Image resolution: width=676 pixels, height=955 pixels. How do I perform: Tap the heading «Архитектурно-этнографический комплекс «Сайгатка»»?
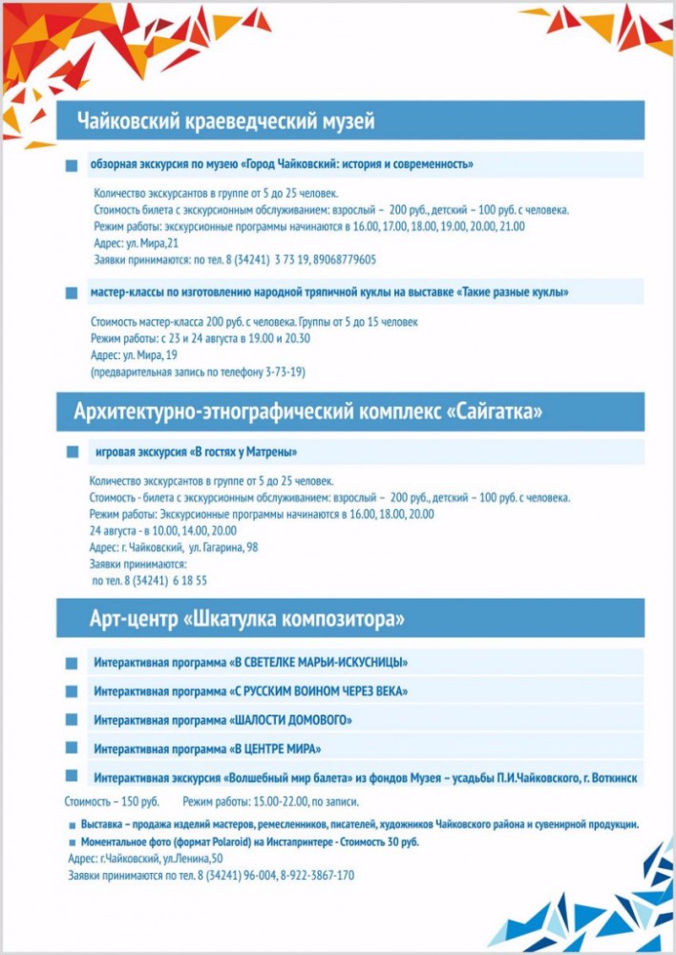(308, 413)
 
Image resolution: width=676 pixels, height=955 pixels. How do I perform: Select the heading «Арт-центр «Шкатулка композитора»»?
(240, 619)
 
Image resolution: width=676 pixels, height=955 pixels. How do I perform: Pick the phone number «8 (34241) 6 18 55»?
(150, 581)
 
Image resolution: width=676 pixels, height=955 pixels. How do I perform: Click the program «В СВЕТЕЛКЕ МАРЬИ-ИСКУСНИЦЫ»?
(320, 662)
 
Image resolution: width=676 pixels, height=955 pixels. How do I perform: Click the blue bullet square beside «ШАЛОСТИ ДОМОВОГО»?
(72, 719)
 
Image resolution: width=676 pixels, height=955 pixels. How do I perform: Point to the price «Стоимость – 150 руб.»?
(113, 801)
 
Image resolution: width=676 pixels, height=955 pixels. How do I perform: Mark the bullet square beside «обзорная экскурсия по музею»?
(72, 165)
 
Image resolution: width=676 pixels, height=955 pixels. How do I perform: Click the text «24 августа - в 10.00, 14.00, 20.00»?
(163, 530)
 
